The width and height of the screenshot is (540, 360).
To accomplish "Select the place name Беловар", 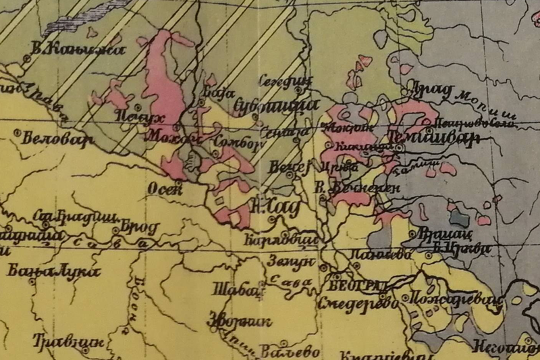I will pyautogui.click(x=47, y=142).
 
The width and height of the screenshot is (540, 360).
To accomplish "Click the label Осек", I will pyautogui.click(x=165, y=189).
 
